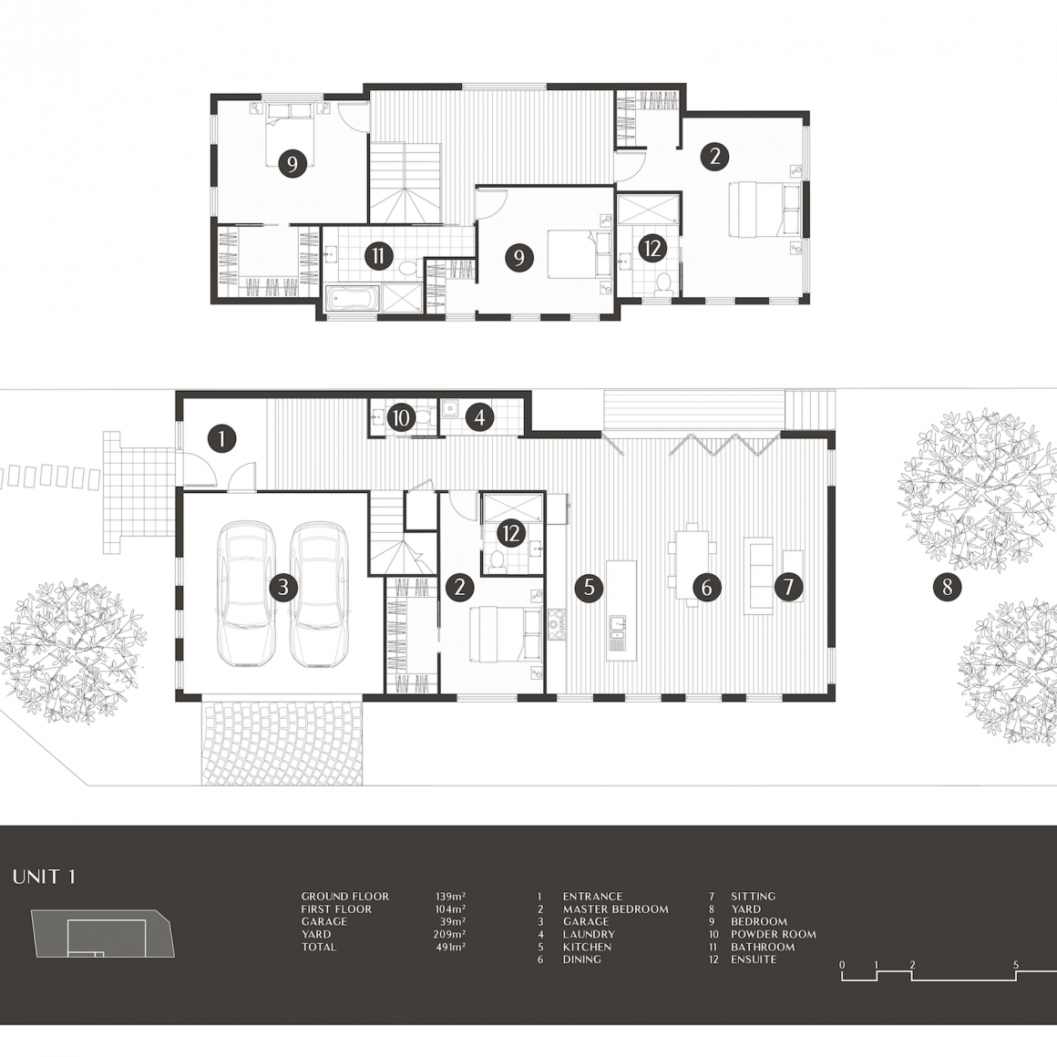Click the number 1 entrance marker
221,439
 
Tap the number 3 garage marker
283,587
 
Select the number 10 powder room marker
400,418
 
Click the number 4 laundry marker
479,417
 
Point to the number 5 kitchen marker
589,587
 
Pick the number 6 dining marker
706,587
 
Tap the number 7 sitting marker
789,587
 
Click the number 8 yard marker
947,587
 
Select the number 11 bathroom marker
379,256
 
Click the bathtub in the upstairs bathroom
352,299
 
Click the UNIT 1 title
45,877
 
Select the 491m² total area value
450,947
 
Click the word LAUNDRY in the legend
590,934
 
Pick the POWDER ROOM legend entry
774,934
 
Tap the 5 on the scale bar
1016,965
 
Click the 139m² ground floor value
450,897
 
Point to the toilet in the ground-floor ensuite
497,561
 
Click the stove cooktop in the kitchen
557,624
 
